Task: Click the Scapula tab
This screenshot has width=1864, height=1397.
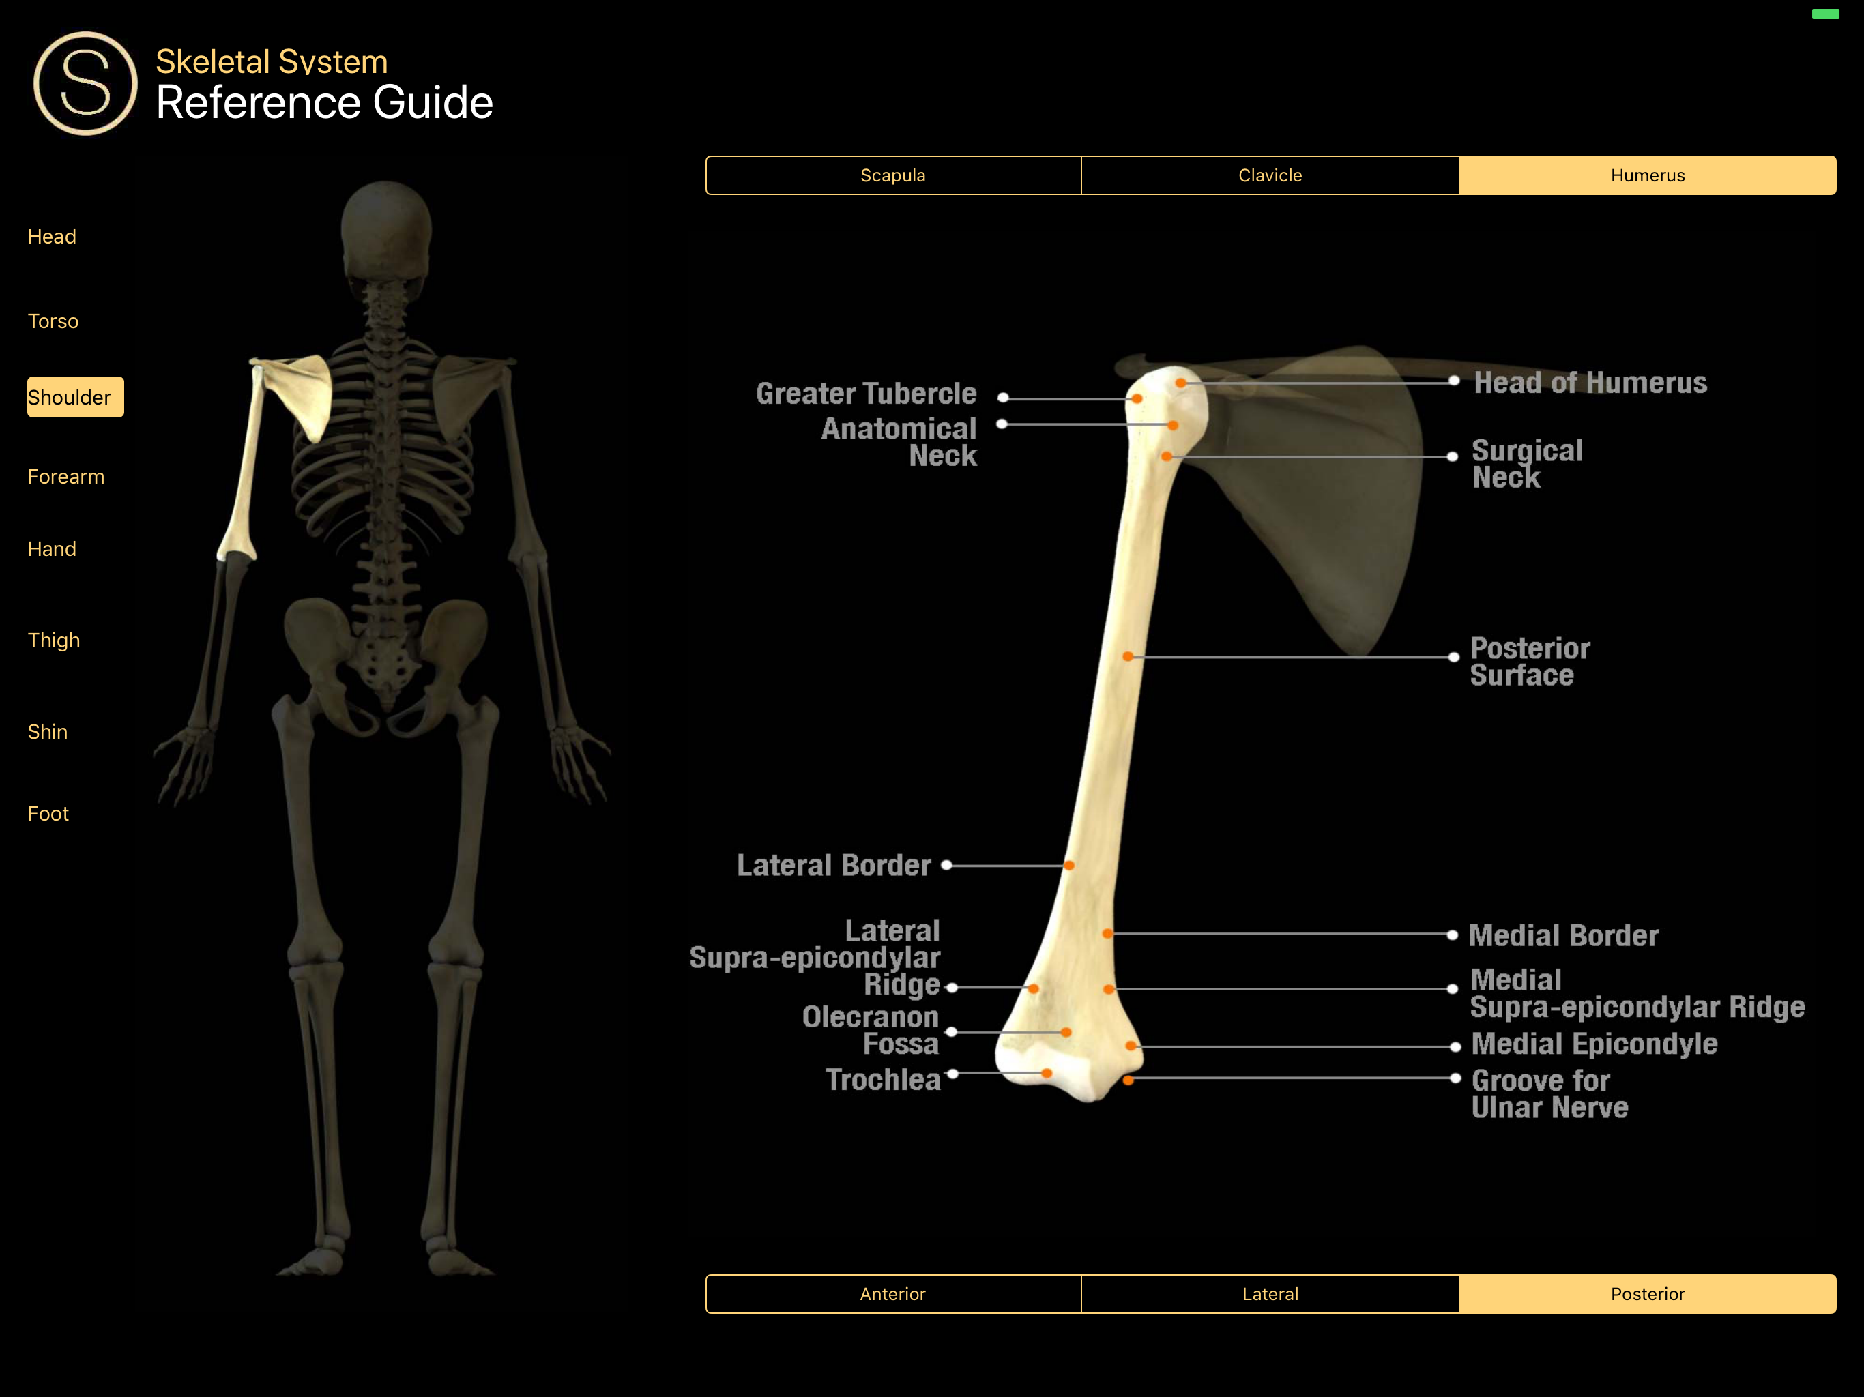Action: tap(892, 175)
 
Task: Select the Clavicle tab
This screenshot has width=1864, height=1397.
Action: tap(1269, 175)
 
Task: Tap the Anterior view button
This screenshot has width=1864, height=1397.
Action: tap(892, 1293)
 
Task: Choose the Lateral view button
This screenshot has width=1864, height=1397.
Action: tap(1269, 1293)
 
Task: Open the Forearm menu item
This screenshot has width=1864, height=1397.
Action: tap(65, 477)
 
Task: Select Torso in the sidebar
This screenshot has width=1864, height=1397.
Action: tap(53, 321)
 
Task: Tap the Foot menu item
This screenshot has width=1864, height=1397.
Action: tap(48, 814)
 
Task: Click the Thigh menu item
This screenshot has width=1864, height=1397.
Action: tap(54, 641)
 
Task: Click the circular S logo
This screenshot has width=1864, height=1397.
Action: tap(85, 83)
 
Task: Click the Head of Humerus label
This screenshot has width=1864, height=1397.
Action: tap(1590, 383)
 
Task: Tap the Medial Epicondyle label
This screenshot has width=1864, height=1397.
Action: tap(1594, 1044)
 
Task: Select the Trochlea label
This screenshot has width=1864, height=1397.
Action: tap(882, 1079)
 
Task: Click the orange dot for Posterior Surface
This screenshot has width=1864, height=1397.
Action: tap(1128, 656)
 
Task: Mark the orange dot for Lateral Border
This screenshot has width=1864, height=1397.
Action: tap(1068, 866)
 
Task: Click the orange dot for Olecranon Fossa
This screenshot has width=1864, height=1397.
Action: tap(1066, 1032)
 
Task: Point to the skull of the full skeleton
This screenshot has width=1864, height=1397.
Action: tap(386, 228)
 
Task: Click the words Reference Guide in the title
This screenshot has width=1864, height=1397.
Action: tap(325, 103)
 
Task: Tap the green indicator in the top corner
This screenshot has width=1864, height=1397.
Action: tap(1825, 14)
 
